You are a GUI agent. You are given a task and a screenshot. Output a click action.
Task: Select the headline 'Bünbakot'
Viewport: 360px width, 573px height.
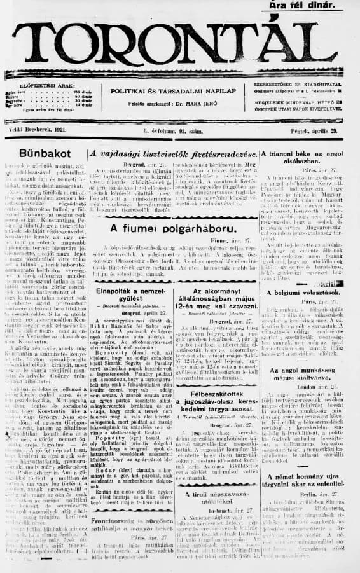(45, 153)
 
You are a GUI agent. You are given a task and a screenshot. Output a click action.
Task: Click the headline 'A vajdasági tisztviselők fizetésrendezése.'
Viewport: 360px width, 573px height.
(173, 153)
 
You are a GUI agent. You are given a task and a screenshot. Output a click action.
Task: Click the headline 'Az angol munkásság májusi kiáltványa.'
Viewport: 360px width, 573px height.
(309, 374)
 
